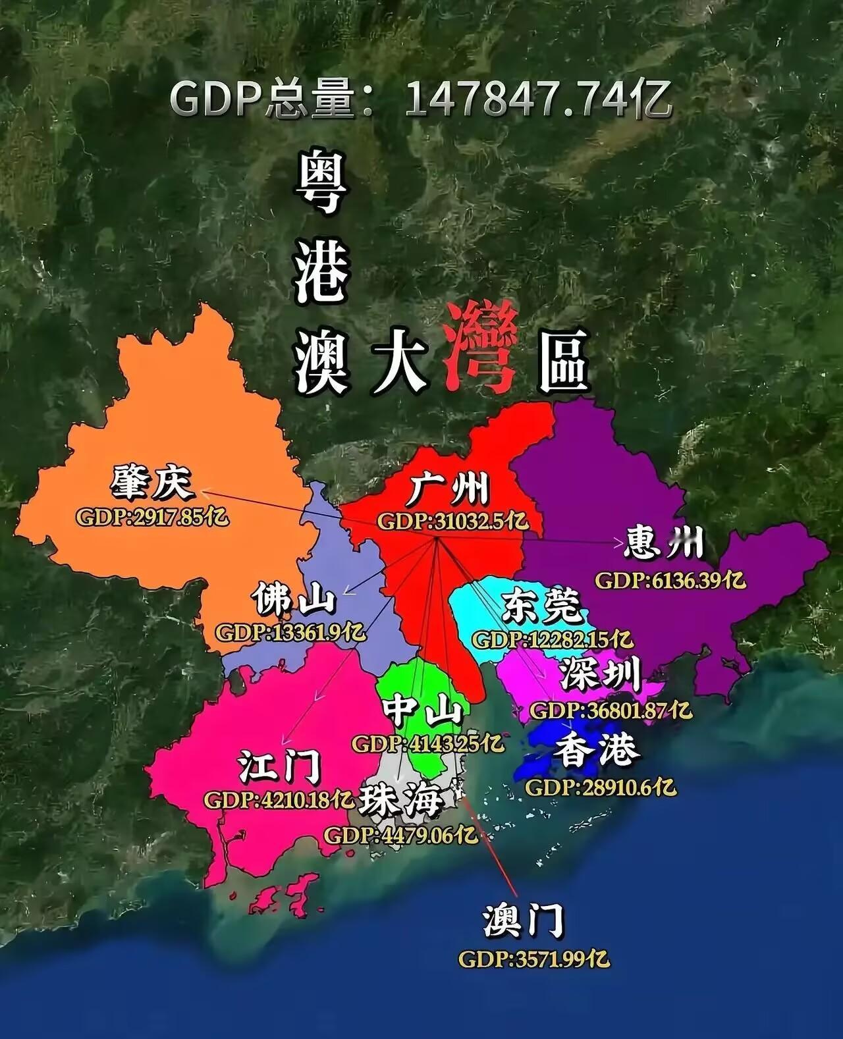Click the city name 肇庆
click(x=153, y=484)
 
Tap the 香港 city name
click(x=597, y=750)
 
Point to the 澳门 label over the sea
click(x=524, y=921)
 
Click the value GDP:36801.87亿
click(x=611, y=710)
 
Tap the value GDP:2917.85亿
click(x=153, y=517)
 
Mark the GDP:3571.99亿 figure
click(x=534, y=959)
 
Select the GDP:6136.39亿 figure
click(x=670, y=580)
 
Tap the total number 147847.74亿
click(x=538, y=100)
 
